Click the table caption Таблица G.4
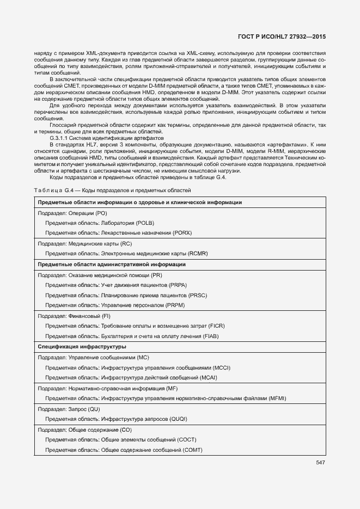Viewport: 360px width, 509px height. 53,190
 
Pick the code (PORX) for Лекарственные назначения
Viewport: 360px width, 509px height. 182,233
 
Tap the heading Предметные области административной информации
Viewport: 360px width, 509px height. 112,265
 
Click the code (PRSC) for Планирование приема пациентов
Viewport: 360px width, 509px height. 197,295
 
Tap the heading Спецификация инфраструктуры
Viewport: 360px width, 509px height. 82,347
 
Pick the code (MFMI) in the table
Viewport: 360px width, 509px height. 275,398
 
